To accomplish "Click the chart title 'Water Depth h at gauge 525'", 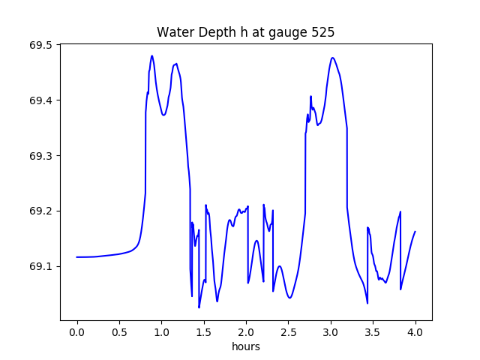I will (x=245, y=33).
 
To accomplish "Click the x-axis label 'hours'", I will (x=245, y=347).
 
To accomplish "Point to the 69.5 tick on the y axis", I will (x=40, y=45).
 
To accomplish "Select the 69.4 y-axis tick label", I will (x=40, y=100).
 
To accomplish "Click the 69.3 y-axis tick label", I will (x=40, y=156).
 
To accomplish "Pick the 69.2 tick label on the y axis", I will (x=40, y=211).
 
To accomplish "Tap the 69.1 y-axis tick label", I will (x=40, y=266).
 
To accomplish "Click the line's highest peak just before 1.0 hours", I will (x=151, y=55).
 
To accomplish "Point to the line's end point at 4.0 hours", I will (x=415, y=232).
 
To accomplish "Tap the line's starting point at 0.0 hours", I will (x=77, y=257).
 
